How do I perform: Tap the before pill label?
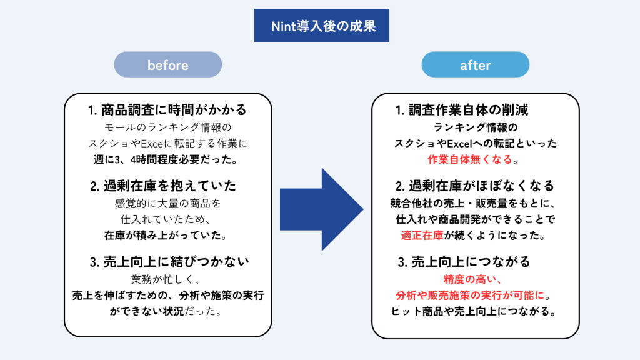[167, 65]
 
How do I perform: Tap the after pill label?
[475, 65]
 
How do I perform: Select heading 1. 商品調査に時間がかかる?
[167, 110]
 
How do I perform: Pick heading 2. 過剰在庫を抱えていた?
[167, 186]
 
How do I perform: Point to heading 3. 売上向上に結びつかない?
[167, 262]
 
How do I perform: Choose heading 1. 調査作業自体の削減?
[462, 110]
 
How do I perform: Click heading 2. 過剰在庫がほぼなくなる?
[475, 186]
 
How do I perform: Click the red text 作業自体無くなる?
[469, 159]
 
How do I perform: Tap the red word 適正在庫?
[421, 236]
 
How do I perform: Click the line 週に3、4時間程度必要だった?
[167, 159]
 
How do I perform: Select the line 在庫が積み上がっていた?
[167, 236]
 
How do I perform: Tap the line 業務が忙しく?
[167, 279]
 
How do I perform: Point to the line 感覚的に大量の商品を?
[167, 204]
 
